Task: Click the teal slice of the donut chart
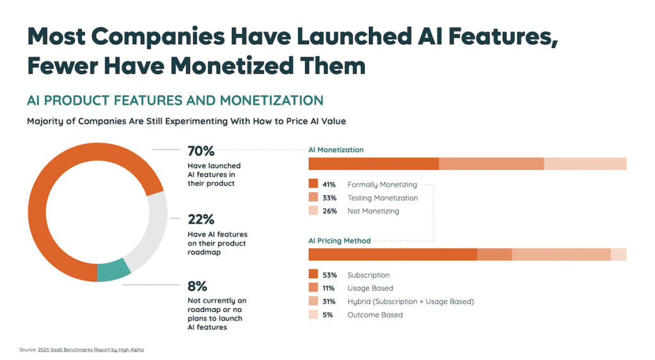[113, 271]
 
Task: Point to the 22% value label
[200, 219]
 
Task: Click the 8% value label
[197, 286]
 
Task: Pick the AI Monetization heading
[336, 150]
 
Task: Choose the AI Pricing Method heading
[340, 241]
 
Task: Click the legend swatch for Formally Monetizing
[313, 185]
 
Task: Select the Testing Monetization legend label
[383, 198]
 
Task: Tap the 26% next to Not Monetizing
[329, 211]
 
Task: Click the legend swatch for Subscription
[313, 275]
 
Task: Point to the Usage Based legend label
[370, 288]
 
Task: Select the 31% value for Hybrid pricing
[329, 301]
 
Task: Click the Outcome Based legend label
[375, 315]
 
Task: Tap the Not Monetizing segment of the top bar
[585, 164]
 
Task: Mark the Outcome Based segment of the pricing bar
[619, 254]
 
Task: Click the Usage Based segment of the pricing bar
[494, 254]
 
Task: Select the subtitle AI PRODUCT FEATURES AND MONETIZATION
[175, 100]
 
